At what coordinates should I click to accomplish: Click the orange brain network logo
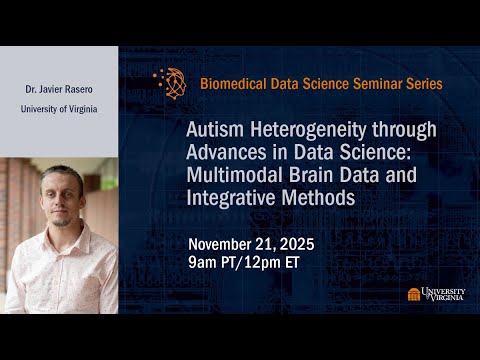point(171,83)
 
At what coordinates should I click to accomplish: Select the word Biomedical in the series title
point(231,84)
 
